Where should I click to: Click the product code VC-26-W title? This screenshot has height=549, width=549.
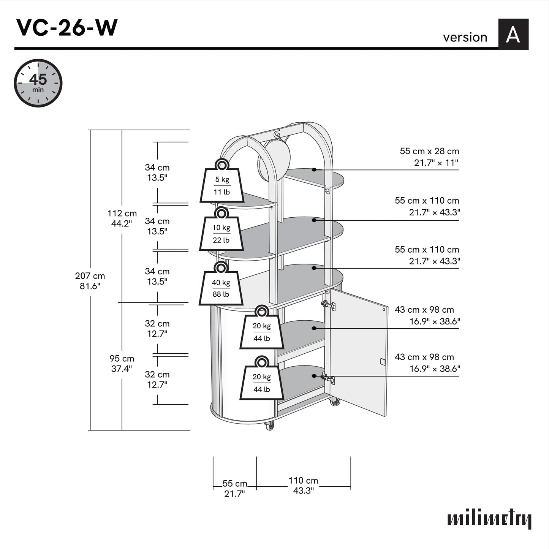(67, 28)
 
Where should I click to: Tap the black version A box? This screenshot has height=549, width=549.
(513, 34)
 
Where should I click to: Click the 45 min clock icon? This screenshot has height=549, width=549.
(38, 83)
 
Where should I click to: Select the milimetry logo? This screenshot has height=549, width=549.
(489, 519)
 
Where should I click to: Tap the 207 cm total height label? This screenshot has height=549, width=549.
(90, 281)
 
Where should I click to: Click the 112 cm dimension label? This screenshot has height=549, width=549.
(122, 218)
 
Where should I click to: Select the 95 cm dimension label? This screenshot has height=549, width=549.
(122, 363)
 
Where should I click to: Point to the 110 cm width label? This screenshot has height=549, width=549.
(303, 485)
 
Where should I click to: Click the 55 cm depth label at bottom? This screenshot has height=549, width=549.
(234, 488)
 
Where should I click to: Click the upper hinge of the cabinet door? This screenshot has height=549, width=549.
(328, 305)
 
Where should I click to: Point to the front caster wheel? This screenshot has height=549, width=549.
(269, 426)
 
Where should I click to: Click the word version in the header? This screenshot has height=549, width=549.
(465, 37)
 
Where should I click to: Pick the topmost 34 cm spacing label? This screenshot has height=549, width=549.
(157, 172)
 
